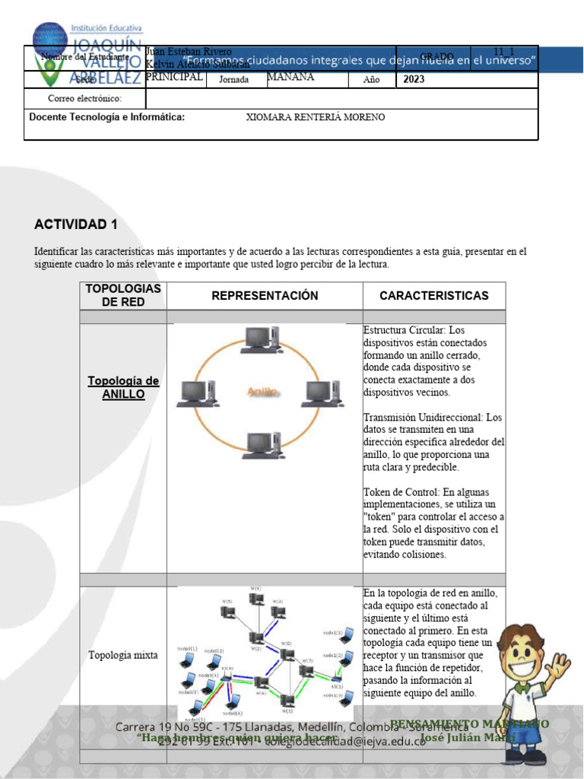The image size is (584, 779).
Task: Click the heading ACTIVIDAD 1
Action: pos(76,224)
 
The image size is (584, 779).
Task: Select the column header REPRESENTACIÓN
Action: pos(265,296)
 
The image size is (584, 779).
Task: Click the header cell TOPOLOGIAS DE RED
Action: pos(123,296)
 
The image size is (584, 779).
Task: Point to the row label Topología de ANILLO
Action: pos(123,388)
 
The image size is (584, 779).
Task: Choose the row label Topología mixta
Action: pos(123,655)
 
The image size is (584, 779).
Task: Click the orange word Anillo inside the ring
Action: pos(262,392)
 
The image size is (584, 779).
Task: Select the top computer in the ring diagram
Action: pos(261,339)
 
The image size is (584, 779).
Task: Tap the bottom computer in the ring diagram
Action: pos(261,445)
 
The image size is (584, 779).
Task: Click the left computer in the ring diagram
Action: pos(196,393)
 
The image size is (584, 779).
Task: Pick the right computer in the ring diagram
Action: pos(324,393)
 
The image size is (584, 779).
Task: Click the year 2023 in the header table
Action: pos(414,80)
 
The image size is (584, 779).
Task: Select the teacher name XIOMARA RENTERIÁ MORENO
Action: pos(316,118)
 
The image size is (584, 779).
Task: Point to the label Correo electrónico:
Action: pos(84,99)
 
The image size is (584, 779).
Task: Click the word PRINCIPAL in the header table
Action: pos(174,78)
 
